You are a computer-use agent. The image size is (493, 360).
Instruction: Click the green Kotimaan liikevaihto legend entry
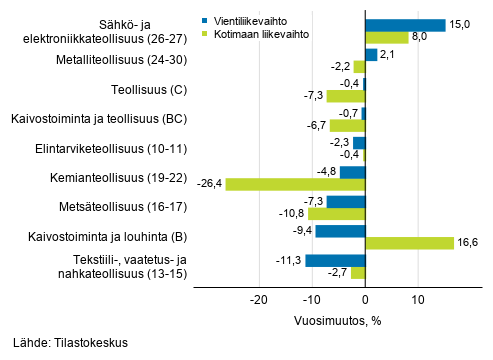click(x=255, y=33)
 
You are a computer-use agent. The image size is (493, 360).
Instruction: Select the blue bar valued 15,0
click(x=405, y=25)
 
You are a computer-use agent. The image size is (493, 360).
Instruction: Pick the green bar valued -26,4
click(x=295, y=184)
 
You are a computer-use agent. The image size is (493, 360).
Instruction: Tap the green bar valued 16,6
click(x=409, y=243)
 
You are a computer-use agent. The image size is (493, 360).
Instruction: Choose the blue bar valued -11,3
click(x=335, y=261)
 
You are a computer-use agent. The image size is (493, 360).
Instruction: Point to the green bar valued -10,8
click(x=337, y=214)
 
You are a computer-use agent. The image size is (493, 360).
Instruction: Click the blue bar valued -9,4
click(x=340, y=231)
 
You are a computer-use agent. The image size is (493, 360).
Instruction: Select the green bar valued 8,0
click(x=387, y=37)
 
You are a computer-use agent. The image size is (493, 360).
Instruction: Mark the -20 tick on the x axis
click(x=259, y=299)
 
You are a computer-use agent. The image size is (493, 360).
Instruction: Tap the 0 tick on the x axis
click(x=365, y=299)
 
